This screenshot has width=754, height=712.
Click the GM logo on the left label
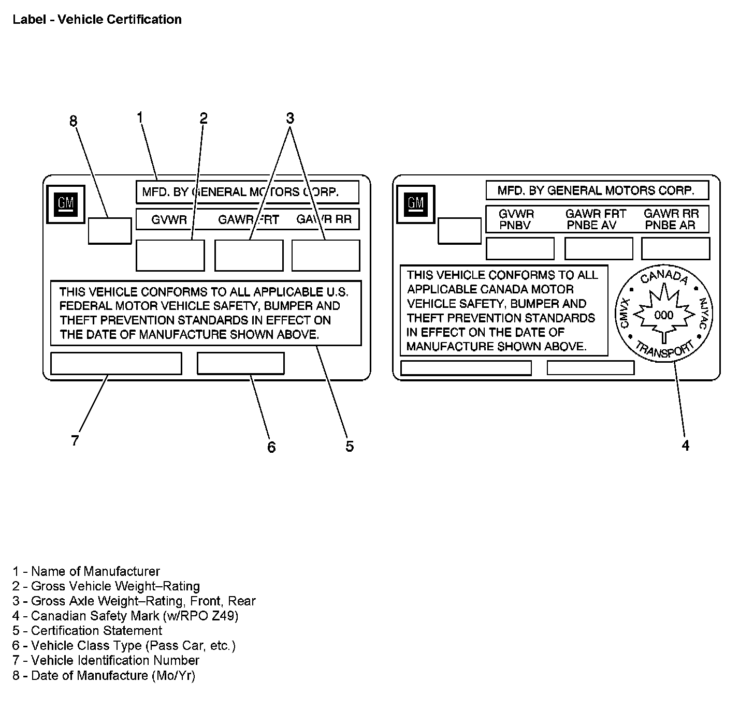tap(65, 204)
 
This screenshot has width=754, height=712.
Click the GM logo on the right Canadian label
tap(415, 204)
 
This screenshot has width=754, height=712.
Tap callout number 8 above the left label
tap(74, 121)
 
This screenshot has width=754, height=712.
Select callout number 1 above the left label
tap(139, 118)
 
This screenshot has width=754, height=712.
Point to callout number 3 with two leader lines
tap(290, 118)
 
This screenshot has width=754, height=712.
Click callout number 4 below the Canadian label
tap(685, 446)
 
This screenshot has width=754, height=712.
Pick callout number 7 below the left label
tap(75, 441)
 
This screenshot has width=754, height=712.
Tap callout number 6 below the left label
tap(271, 447)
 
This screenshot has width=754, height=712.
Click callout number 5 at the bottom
tap(350, 446)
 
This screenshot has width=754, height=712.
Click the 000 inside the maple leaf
tap(664, 315)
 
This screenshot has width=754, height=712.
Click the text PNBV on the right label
tap(515, 226)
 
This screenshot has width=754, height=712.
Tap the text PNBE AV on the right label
tap(591, 226)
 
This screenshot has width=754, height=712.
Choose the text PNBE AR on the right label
tap(670, 226)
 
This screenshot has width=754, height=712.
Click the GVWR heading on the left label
tap(169, 220)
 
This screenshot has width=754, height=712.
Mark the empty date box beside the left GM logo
tap(109, 231)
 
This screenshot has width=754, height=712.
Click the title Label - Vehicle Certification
tap(97, 20)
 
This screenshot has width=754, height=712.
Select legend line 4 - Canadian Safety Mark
tap(126, 616)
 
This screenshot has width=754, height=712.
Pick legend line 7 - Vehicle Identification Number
tap(106, 660)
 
